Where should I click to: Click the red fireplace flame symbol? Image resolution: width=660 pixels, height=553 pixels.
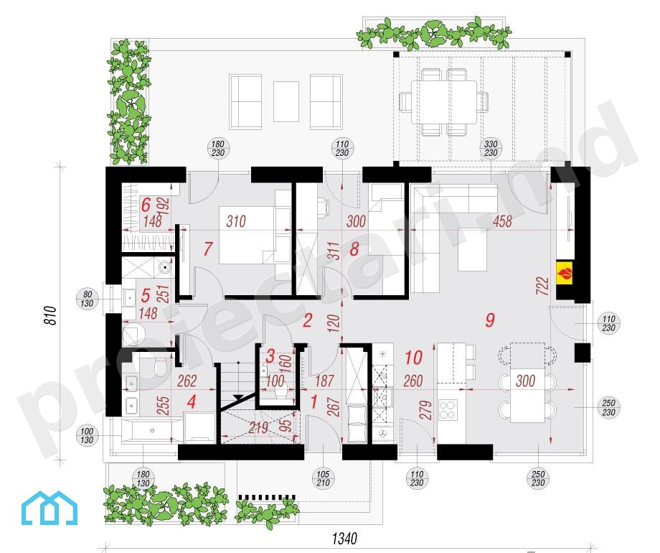point(565,272)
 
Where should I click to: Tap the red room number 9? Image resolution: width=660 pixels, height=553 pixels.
point(489,320)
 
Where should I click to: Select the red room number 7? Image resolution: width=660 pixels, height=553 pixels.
point(207,248)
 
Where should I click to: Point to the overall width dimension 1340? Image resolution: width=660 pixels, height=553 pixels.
point(344,538)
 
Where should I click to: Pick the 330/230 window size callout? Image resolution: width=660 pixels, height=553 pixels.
point(491,149)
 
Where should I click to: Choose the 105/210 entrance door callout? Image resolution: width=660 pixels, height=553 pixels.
point(323,478)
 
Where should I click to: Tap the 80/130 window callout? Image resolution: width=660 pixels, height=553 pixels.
point(87,299)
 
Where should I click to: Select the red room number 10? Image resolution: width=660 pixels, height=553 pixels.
point(413,358)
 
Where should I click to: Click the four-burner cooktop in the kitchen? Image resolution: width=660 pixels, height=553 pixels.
point(448,409)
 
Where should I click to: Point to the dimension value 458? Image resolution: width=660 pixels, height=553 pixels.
point(503,221)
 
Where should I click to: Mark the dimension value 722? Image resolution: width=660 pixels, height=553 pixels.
point(543,285)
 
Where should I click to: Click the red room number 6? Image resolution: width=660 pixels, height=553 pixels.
point(146,205)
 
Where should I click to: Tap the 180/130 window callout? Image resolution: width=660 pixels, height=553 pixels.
point(143,479)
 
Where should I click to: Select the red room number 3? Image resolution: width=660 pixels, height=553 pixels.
point(270,355)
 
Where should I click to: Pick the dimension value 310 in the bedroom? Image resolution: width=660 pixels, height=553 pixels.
point(236,221)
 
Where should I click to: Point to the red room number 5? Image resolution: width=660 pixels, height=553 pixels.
point(146,295)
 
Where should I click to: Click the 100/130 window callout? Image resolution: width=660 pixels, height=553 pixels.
point(87,435)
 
